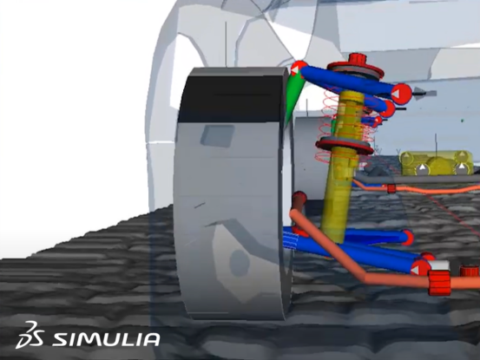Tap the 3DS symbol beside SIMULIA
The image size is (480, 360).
tap(30, 337)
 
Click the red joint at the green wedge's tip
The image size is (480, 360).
tap(298, 67)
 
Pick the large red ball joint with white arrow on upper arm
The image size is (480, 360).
tap(398, 92)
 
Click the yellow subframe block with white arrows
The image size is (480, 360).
tap(436, 162)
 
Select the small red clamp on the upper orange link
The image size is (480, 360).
tap(391, 187)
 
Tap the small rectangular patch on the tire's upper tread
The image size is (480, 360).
tap(216, 134)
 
